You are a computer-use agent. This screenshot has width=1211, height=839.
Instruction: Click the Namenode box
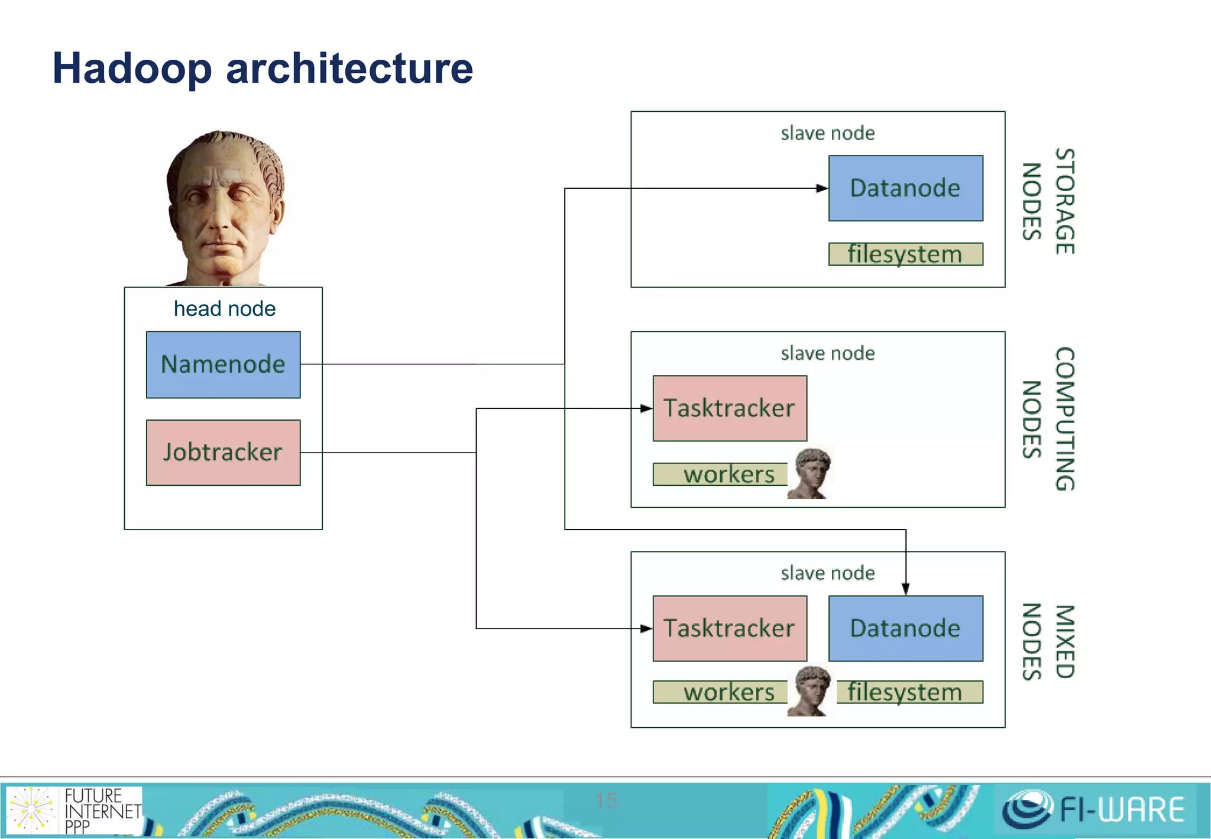223,364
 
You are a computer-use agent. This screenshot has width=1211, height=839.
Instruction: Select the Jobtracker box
223,453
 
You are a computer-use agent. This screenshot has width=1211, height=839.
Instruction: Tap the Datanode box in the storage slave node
905,188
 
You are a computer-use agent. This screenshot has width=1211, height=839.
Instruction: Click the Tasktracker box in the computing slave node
729,408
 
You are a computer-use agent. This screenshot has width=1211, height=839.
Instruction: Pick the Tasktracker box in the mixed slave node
729,628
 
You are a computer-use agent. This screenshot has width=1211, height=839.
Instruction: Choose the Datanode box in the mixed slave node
905,628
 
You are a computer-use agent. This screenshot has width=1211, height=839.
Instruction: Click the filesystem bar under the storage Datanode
905,254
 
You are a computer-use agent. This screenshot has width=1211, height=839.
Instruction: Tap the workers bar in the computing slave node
720,475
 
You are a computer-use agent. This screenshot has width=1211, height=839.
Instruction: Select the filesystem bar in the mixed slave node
909,692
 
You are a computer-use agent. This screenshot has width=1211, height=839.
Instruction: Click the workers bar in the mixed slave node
720,692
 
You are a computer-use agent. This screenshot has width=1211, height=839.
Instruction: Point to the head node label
224,309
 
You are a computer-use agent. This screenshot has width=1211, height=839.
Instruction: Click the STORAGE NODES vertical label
1048,201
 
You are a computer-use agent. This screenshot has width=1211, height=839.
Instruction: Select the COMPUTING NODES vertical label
1048,419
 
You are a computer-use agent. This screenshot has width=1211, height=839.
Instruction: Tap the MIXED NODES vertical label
1048,641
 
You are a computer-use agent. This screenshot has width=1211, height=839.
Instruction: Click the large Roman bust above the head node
225,207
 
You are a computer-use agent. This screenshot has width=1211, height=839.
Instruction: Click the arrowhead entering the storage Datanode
822,188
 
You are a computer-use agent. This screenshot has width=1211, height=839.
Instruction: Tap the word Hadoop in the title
131,69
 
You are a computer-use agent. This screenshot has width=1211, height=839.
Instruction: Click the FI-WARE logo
1094,809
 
